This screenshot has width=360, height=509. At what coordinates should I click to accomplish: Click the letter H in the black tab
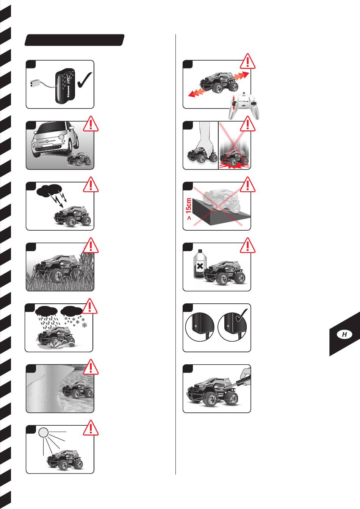click(344, 334)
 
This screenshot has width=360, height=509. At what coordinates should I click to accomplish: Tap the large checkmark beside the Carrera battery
click(85, 80)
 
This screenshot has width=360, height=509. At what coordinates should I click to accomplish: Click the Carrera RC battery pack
click(65, 86)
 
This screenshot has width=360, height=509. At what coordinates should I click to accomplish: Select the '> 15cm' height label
click(189, 209)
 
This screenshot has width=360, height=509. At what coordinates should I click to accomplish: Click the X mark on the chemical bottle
click(200, 266)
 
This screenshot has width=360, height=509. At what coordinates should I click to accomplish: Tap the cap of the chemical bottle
click(200, 251)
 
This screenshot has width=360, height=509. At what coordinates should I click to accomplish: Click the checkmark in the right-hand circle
click(241, 315)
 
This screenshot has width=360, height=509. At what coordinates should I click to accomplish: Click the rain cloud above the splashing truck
click(46, 311)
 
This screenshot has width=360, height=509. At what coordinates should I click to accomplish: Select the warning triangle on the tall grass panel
click(91, 245)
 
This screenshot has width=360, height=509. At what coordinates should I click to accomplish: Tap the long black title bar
click(74, 40)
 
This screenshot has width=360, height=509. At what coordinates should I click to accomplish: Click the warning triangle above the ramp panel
click(247, 184)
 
